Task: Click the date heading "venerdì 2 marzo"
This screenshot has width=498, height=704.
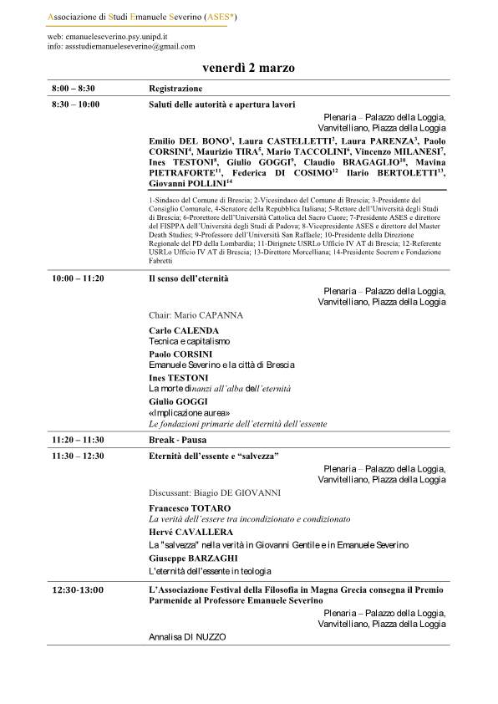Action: pos(248,67)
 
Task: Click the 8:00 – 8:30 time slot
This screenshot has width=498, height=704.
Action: pos(73,88)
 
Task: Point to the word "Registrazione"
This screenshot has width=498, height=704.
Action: pos(175,88)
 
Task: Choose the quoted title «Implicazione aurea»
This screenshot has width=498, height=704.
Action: pos(189,412)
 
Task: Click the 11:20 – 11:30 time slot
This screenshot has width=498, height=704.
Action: pos(78,439)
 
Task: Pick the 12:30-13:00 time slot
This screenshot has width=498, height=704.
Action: pos(78,589)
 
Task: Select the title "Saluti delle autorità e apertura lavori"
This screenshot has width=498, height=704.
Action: pos(217,105)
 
